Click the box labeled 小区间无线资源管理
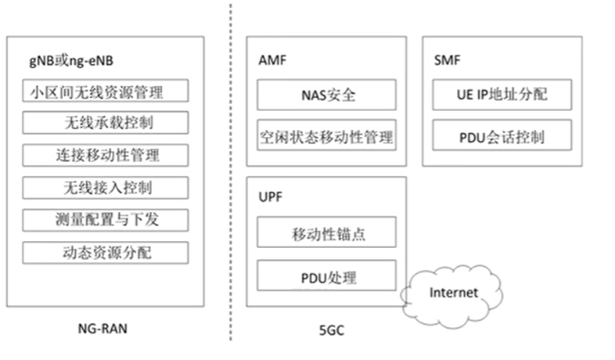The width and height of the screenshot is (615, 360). pos(105,91)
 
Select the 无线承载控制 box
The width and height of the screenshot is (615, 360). pos(105,123)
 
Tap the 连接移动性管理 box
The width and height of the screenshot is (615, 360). pos(105,155)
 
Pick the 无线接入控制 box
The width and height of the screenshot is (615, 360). pos(105,188)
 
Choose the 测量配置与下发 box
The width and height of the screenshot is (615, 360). pos(105,220)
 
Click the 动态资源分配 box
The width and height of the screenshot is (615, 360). pos(105,253)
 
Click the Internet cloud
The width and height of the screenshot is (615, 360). pos(453,293)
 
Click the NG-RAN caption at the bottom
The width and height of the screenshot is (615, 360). pos(103,329)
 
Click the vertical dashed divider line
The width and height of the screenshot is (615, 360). pos(231,172)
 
